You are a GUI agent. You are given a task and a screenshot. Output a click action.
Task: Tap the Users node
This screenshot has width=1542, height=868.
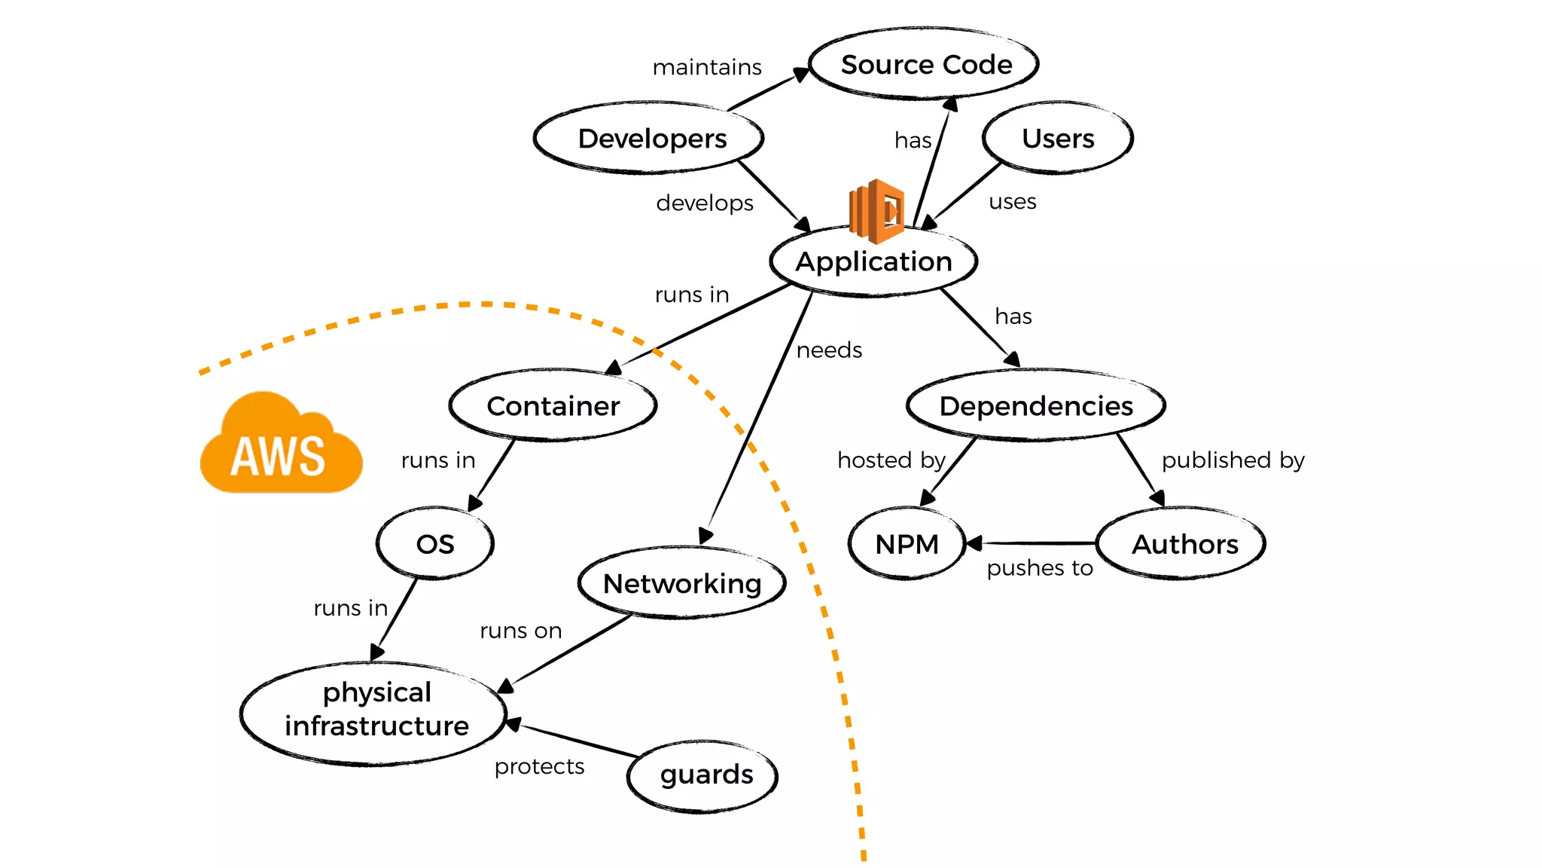tap(1057, 139)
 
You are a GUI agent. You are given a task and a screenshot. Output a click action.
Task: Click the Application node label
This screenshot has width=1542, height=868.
tap(873, 261)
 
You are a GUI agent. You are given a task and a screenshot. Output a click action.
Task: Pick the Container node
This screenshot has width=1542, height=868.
tap(553, 406)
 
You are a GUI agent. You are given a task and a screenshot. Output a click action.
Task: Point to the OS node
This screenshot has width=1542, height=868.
tap(435, 544)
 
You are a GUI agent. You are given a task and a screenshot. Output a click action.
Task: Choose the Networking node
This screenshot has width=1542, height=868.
tap(682, 583)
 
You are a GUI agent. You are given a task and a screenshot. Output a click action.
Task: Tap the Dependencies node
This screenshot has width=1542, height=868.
tap(1035, 406)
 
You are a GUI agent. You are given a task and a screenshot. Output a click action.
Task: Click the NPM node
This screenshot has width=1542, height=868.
tap(907, 544)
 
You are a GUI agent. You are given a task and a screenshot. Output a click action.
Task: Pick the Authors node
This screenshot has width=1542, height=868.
tap(1184, 544)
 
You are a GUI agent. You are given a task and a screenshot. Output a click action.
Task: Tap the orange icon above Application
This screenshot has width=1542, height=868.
tap(876, 211)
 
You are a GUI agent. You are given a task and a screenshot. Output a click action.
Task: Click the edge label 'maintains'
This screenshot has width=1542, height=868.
tap(706, 68)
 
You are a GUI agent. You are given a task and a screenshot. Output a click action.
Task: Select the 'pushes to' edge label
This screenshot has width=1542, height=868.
tap(1039, 568)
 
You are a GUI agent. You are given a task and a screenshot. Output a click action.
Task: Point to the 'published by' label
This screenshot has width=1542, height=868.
tap(1233, 460)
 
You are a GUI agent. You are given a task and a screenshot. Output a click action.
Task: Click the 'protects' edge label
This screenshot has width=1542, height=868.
tap(539, 767)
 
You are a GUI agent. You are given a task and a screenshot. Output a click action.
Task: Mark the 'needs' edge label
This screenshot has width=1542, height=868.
tap(829, 350)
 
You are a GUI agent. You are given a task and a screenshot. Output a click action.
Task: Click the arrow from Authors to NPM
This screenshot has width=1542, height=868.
tap(1032, 542)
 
